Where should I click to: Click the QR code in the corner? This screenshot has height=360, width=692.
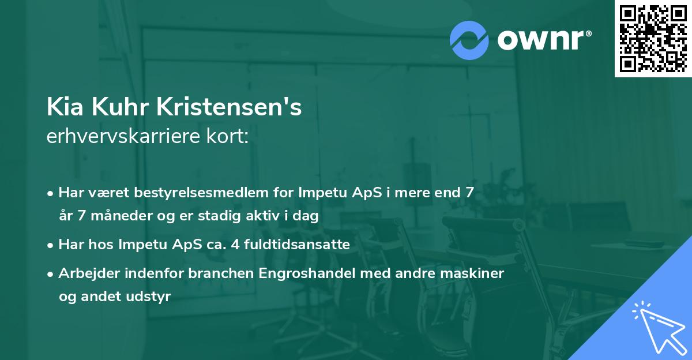[653, 39]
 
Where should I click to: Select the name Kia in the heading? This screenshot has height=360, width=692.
[62, 107]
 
